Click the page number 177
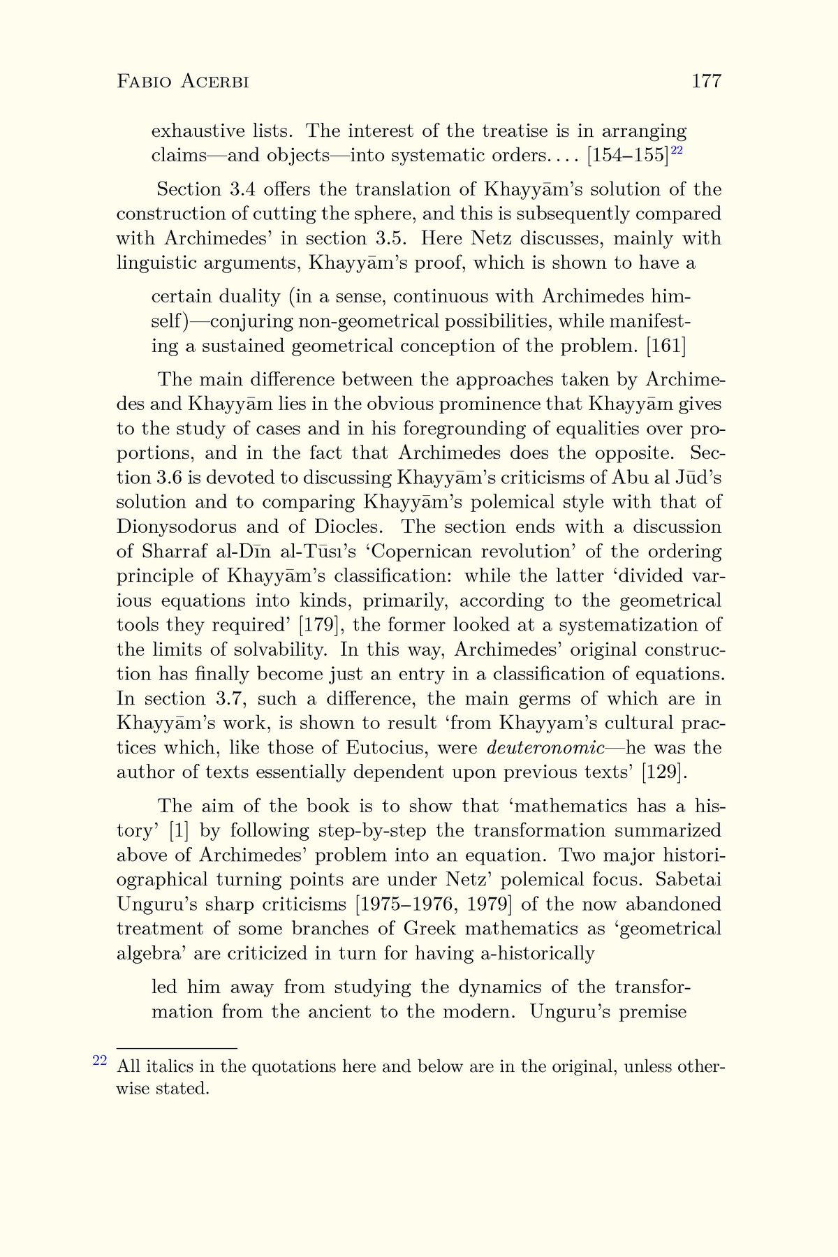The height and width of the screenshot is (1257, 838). (706, 82)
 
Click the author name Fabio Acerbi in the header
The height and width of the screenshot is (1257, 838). (183, 82)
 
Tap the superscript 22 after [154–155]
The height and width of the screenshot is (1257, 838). (676, 150)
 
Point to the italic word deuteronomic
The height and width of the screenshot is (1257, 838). (545, 748)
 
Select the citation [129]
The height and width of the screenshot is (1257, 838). (667, 772)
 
